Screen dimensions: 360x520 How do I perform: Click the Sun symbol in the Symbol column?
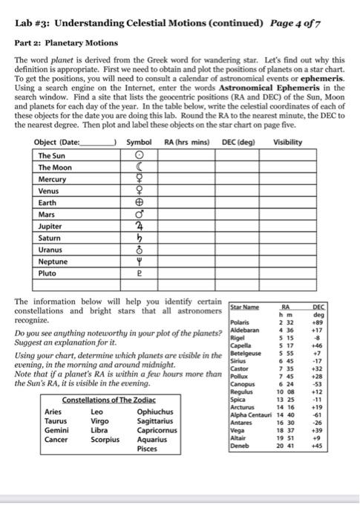pos(139,155)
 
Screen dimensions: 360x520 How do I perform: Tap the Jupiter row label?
pos(50,226)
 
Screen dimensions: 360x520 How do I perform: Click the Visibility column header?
pos(287,142)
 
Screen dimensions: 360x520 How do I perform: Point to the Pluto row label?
pos(48,273)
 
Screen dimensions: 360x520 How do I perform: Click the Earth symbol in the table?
pos(139,202)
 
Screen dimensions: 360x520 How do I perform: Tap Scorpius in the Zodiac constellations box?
pos(105,440)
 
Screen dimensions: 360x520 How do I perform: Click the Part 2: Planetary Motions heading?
pos(65,43)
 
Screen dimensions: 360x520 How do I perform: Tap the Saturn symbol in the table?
pos(139,238)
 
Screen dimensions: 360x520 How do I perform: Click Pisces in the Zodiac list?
pos(149,449)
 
